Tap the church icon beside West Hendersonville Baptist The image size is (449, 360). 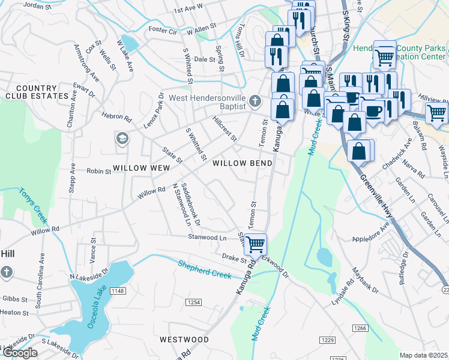coord(256,101)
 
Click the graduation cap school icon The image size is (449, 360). coord(122,139)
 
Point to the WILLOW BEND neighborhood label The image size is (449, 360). coord(243,163)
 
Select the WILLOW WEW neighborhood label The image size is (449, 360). coord(142,169)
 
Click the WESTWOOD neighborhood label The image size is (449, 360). coord(184,340)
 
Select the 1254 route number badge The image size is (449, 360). coord(193,302)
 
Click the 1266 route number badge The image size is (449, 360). coord(360,328)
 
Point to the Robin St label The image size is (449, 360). coord(100,171)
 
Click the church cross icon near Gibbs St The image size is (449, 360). coord(6,273)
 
